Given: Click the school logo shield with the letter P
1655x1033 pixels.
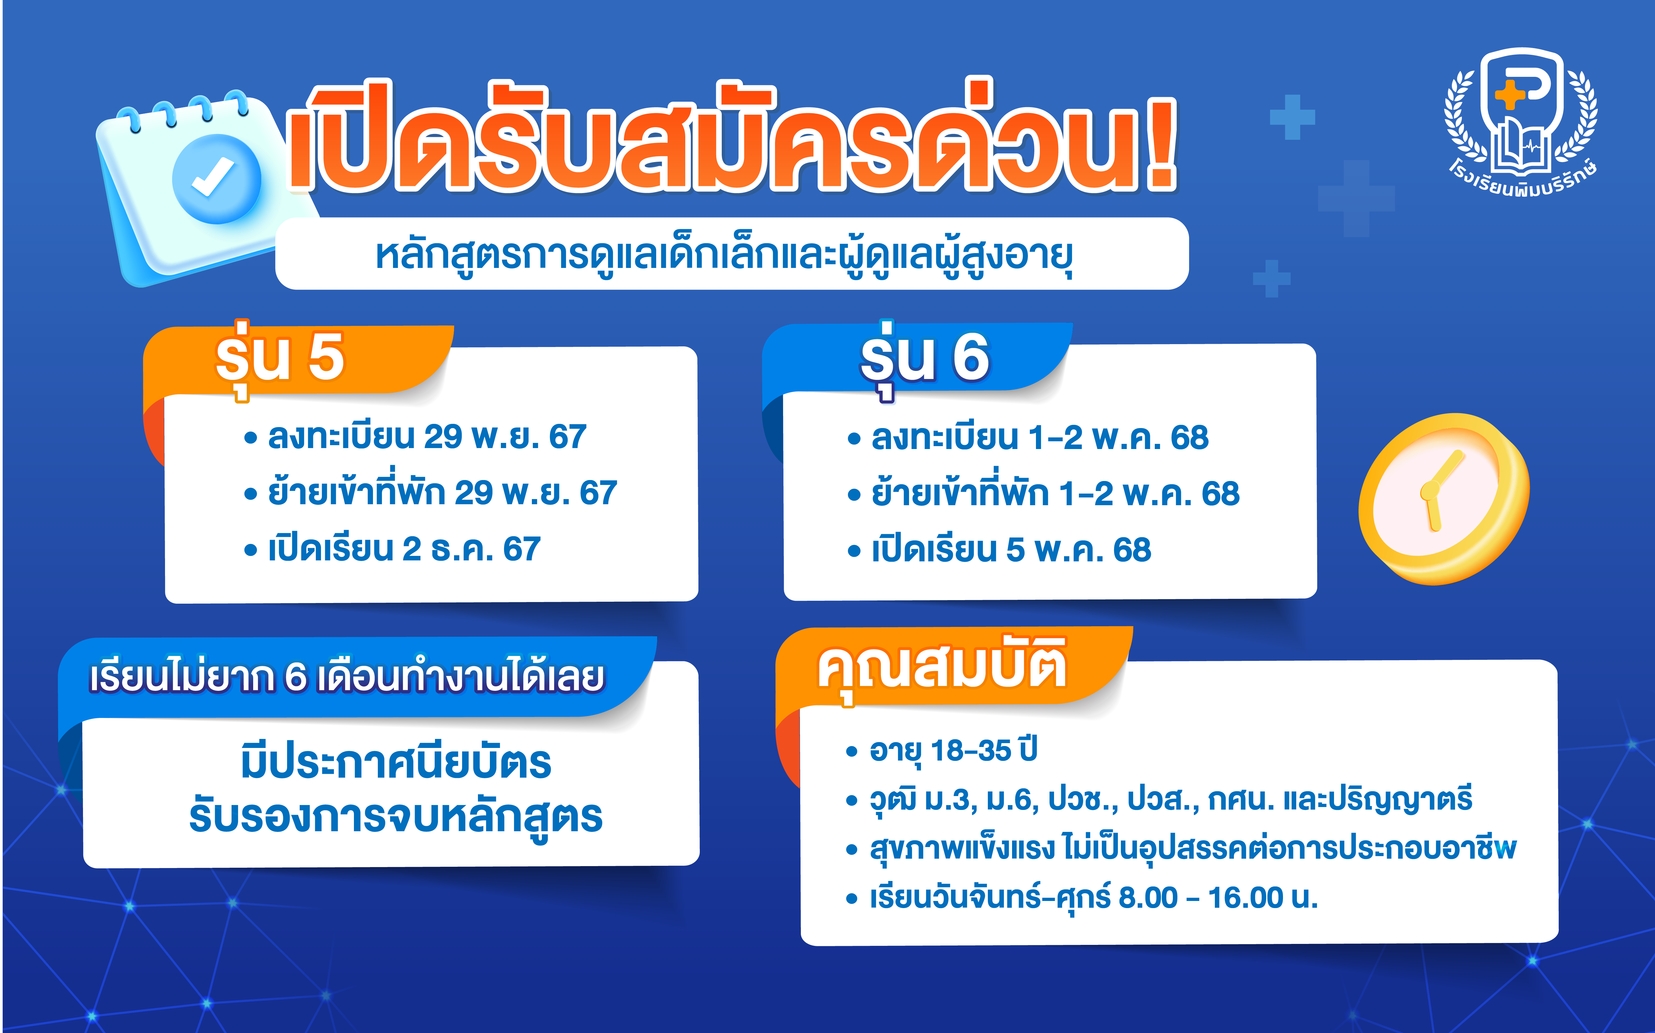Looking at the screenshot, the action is [1522, 109].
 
